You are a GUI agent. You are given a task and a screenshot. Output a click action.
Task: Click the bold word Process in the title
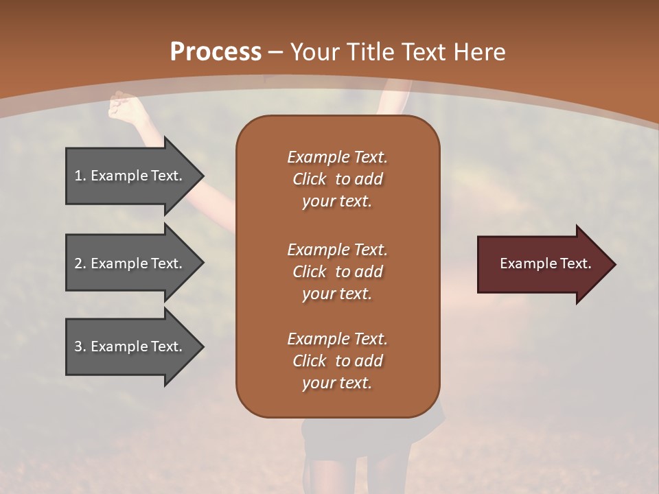point(216,52)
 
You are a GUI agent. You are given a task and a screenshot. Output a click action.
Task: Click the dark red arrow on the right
point(542,264)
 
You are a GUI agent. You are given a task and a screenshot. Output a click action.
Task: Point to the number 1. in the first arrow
point(80,176)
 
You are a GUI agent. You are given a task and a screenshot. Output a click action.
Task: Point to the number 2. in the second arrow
point(80,263)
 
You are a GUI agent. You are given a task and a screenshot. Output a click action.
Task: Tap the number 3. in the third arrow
point(80,346)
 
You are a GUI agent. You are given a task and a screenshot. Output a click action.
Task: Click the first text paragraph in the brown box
point(337,179)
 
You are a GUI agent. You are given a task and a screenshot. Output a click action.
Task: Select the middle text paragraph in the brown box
point(337,272)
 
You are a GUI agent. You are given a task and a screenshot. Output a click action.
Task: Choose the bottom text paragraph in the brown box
point(337,361)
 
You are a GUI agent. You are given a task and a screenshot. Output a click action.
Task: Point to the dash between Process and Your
point(276,53)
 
